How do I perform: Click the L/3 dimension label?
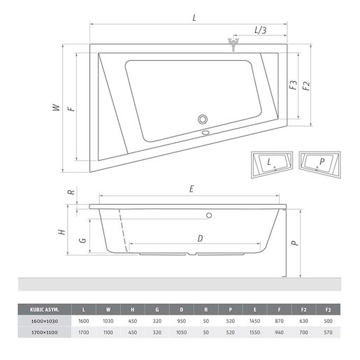pos(261,30)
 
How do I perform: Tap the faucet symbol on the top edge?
pos(233,45)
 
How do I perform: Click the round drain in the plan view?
pos(203,119)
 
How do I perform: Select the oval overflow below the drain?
pos(206,133)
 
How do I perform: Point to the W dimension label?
pos(57,108)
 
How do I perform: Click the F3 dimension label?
pos(294,85)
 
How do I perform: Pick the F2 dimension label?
pos(306,86)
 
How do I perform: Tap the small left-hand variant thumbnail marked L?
pos(272,164)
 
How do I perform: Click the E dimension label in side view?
pos(192,189)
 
